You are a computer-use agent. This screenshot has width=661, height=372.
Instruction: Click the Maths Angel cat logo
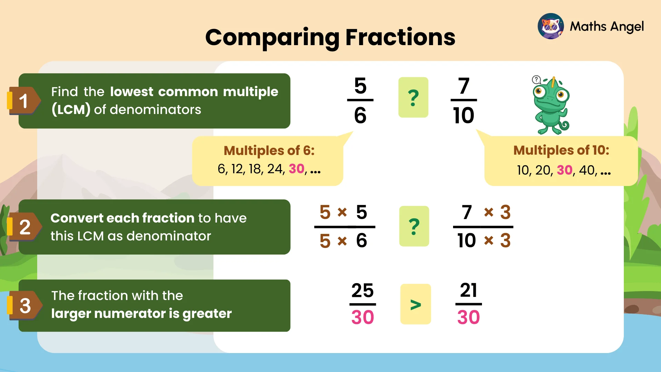550,27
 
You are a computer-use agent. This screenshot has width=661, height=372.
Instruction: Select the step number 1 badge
23,101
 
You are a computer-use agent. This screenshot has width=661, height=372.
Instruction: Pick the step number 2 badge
24,227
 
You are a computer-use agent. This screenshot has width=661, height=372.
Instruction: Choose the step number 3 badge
25,306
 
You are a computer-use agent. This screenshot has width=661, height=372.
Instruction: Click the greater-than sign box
416,304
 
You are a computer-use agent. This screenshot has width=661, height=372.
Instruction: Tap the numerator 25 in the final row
363,290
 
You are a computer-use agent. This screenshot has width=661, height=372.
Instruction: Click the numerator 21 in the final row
469,290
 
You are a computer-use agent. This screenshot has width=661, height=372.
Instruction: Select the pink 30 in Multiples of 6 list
296,169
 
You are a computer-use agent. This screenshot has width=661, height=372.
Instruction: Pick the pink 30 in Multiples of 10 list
565,170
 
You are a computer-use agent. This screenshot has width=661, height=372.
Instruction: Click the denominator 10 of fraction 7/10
463,115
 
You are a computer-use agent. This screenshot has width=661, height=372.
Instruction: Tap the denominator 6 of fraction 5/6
360,115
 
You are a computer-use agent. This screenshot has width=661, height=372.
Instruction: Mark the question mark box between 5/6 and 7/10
413,97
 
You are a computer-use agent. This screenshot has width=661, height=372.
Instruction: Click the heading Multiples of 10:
561,150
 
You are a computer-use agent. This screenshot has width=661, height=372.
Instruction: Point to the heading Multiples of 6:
269,151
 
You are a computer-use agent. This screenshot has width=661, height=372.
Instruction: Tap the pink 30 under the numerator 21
469,317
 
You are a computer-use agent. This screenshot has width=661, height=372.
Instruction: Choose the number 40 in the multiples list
587,170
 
